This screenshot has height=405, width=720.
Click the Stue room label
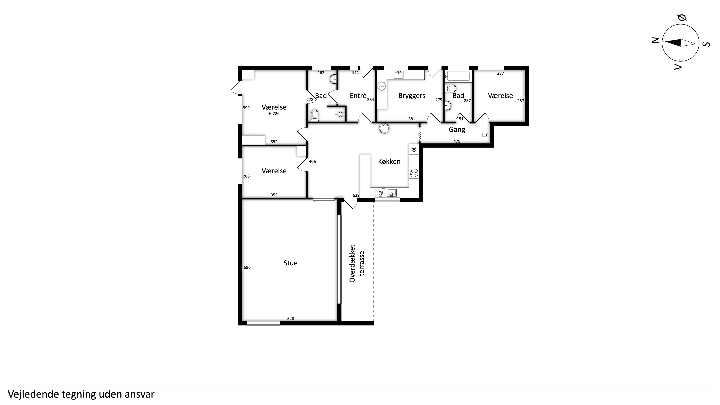tap(290, 263)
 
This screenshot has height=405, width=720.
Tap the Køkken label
tap(389, 162)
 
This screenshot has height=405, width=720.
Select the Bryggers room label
tap(412, 96)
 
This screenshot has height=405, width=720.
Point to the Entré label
tap(358, 96)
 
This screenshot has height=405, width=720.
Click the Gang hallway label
tap(457, 130)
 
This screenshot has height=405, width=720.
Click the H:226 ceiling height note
tap(274, 114)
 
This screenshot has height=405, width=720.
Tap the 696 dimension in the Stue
tap(247, 268)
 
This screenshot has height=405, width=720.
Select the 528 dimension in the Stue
tap(291, 319)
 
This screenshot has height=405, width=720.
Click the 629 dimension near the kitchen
tap(356, 195)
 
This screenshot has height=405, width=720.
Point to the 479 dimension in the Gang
tap(457, 141)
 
